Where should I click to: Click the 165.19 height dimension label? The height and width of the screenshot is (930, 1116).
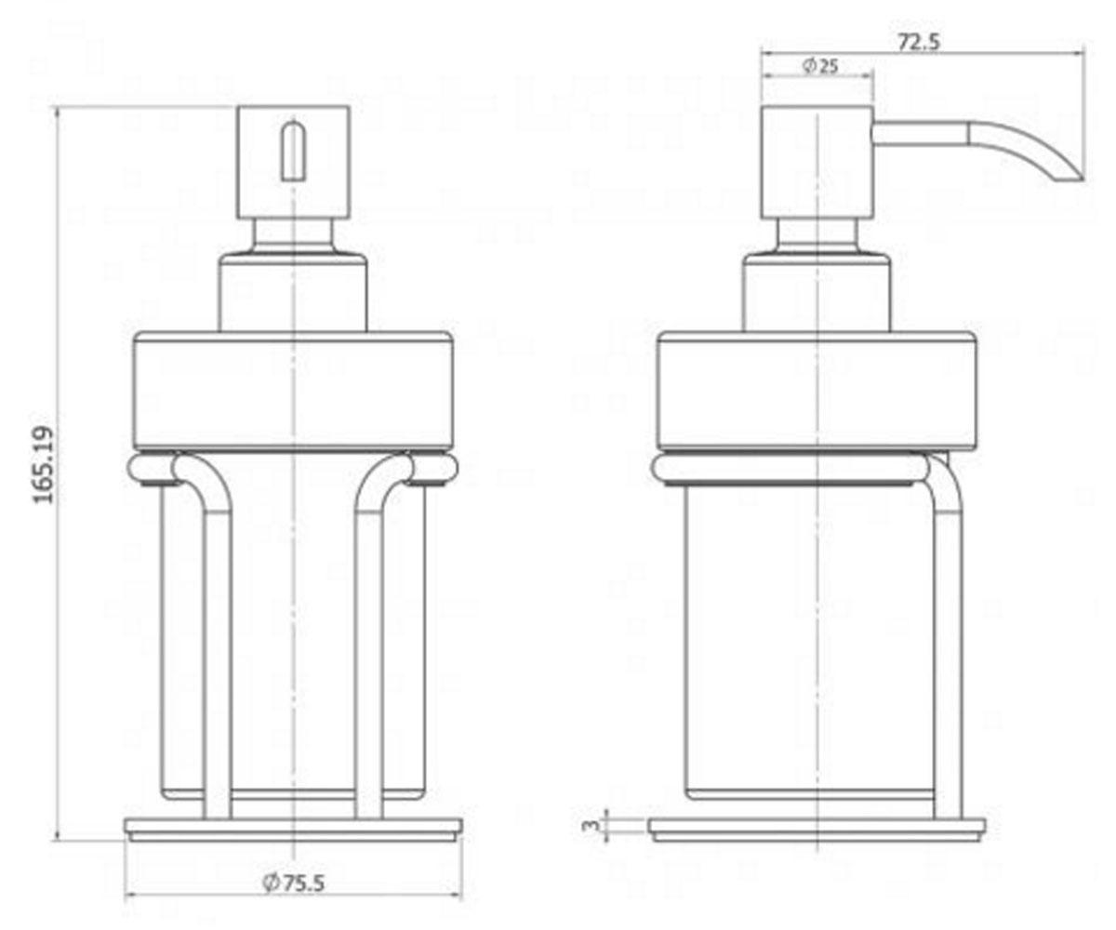click(x=44, y=465)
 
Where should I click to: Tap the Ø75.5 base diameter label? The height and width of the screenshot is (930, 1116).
click(x=294, y=883)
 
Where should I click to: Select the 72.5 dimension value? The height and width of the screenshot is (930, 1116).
click(x=918, y=42)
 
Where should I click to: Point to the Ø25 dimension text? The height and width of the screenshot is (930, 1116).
click(x=820, y=66)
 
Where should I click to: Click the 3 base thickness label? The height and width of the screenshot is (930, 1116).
click(x=590, y=826)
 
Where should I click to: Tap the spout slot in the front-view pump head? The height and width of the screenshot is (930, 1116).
click(x=294, y=151)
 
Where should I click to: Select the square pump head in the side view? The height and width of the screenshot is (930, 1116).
click(x=817, y=162)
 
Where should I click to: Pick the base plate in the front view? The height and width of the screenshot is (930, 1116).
click(x=294, y=830)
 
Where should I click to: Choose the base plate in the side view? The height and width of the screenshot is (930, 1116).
click(x=817, y=830)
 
